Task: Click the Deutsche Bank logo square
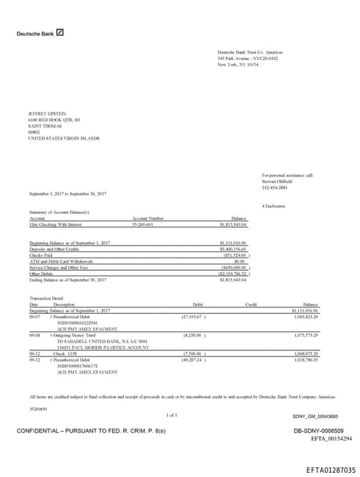[60, 32]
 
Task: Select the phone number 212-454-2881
[274, 187]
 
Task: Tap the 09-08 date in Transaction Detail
[34, 336]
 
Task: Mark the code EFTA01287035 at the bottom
[331, 469]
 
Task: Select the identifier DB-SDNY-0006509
[319, 430]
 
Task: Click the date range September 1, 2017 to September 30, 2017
[68, 193]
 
